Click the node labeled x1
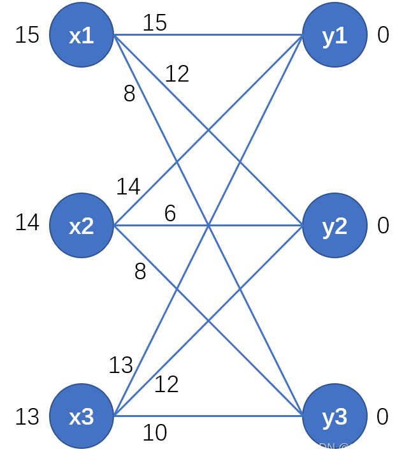(x=82, y=34)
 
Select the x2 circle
(x=82, y=225)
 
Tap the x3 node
(x=82, y=416)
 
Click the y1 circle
(x=335, y=34)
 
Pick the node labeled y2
(x=335, y=225)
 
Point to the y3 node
(x=335, y=416)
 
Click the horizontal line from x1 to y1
(x=208, y=34)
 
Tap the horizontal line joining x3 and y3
(x=208, y=416)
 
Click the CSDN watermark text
(x=319, y=448)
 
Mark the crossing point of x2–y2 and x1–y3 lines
(x=208, y=225)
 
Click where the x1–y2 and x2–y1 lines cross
(x=208, y=130)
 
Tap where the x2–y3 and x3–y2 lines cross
(x=208, y=321)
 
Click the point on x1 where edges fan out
(x=114, y=34)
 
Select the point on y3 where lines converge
(x=303, y=416)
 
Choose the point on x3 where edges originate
(x=114, y=416)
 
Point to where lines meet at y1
(x=303, y=34)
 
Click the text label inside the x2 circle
(x=82, y=226)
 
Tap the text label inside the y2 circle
(x=335, y=226)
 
